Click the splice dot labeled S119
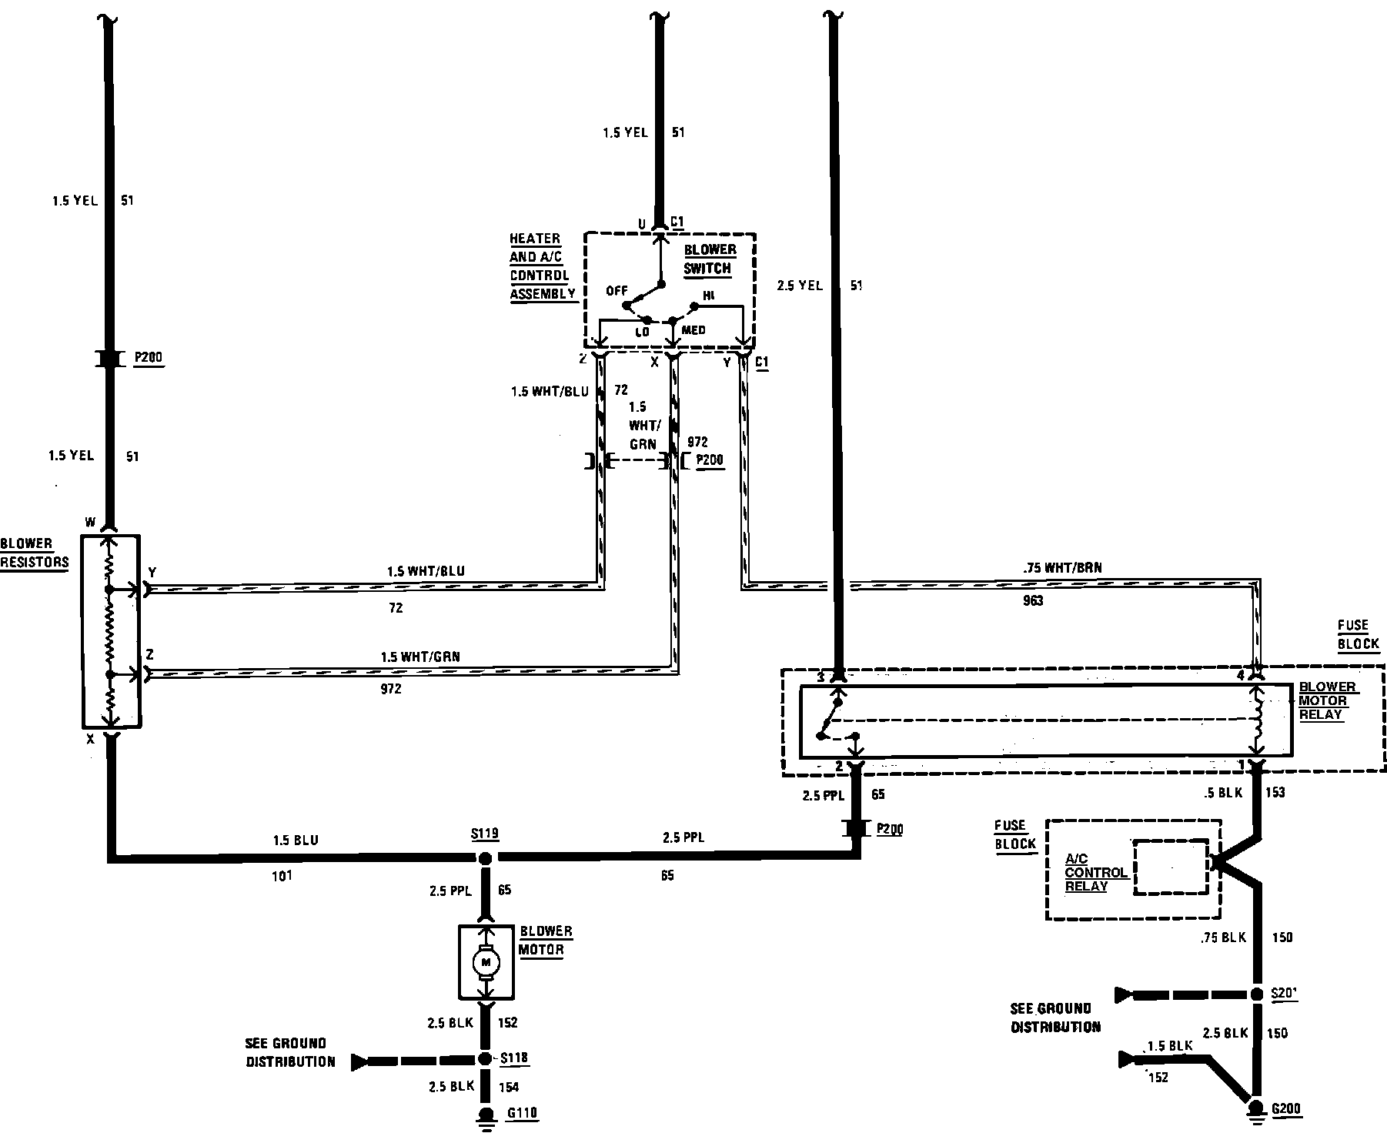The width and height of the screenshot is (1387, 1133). [485, 858]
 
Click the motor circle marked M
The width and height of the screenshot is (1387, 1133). [486, 961]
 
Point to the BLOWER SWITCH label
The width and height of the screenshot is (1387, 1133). [709, 259]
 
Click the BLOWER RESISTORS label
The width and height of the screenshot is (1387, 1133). [35, 553]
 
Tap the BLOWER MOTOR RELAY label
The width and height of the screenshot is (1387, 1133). [1327, 700]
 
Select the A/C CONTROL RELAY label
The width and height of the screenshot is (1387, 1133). [1095, 872]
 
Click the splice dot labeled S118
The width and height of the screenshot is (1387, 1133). [485, 1059]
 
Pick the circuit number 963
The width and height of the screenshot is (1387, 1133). [1033, 600]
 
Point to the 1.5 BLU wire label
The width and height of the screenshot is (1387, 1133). [295, 841]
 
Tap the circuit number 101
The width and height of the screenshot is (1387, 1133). [282, 875]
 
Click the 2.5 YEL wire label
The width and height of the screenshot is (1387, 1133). [799, 286]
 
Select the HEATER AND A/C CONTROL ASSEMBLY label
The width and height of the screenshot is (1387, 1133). [542, 266]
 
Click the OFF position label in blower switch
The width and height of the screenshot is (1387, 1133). [617, 290]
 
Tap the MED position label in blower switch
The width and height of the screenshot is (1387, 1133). [693, 330]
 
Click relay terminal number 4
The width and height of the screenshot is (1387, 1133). [1240, 676]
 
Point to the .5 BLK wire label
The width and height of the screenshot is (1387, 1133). [1223, 793]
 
